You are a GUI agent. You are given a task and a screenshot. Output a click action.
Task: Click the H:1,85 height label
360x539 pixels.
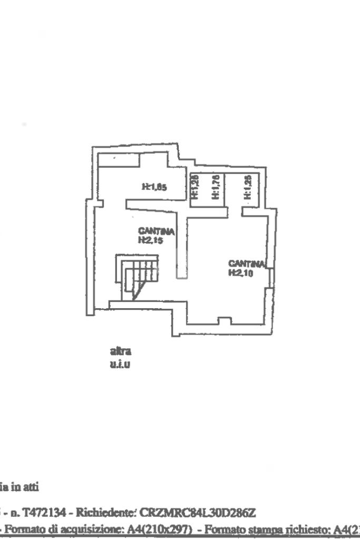(x=155, y=186)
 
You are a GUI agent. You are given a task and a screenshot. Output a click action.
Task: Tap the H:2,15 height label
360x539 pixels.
(x=149, y=239)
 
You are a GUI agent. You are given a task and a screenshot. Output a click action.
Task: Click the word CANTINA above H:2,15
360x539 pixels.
(x=156, y=231)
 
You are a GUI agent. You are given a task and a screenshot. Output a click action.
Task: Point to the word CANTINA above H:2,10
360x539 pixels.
(x=246, y=263)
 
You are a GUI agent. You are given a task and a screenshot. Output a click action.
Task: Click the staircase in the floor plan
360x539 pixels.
(x=136, y=278)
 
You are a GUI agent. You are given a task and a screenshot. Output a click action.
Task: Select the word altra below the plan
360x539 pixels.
(x=120, y=350)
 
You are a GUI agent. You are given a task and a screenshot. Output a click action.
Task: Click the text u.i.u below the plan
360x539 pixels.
(x=120, y=363)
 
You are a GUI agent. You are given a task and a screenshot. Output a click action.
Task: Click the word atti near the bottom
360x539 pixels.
(x=30, y=488)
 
